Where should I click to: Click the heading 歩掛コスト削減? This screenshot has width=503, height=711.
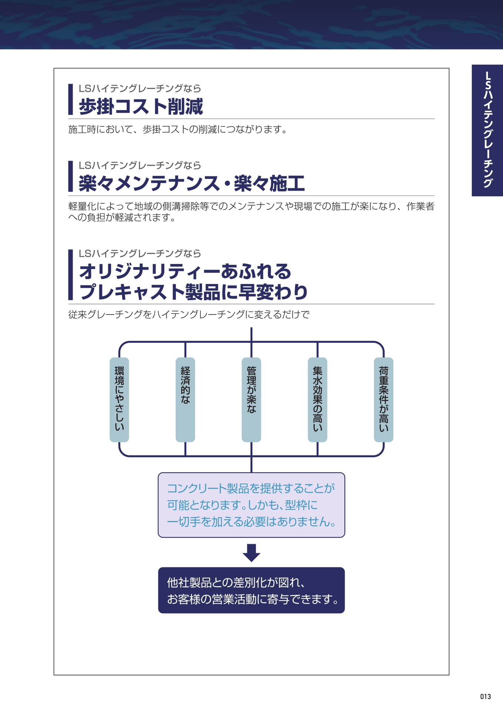pyautogui.click(x=141, y=107)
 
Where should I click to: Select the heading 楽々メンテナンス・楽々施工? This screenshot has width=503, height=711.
pyautogui.click(x=191, y=183)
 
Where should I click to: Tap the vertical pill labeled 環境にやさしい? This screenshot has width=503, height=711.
pyautogui.click(x=119, y=400)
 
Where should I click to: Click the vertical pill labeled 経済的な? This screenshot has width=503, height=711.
pyautogui.click(x=185, y=400)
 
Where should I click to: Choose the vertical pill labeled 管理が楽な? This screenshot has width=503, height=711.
pyautogui.click(x=251, y=400)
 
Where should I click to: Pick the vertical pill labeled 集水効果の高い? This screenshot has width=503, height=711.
pyautogui.click(x=317, y=400)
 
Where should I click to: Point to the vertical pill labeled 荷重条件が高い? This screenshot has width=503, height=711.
pyautogui.click(x=383, y=400)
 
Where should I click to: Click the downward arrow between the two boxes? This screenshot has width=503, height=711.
pyautogui.click(x=251, y=553)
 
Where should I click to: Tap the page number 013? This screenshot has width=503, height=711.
pyautogui.click(x=486, y=697)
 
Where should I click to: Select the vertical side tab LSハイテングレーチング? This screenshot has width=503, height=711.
pyautogui.click(x=487, y=130)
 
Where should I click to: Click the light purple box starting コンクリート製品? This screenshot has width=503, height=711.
pyautogui.click(x=251, y=505)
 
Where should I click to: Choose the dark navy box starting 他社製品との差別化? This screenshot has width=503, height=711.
pyautogui.click(x=251, y=590)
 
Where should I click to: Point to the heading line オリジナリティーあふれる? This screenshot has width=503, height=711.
pyautogui.click(x=185, y=271)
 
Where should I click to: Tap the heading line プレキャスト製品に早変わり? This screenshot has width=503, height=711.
pyautogui.click(x=193, y=292)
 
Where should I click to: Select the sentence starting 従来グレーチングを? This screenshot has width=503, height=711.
pyautogui.click(x=189, y=315)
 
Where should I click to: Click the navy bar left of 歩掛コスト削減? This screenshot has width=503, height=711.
pyautogui.click(x=70, y=99)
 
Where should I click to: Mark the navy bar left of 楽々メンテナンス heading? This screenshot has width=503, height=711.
pyautogui.click(x=70, y=176)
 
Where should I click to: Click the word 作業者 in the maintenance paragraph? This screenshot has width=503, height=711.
pyautogui.click(x=420, y=206)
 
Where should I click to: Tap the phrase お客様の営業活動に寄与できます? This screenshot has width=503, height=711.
pyautogui.click(x=253, y=599)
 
